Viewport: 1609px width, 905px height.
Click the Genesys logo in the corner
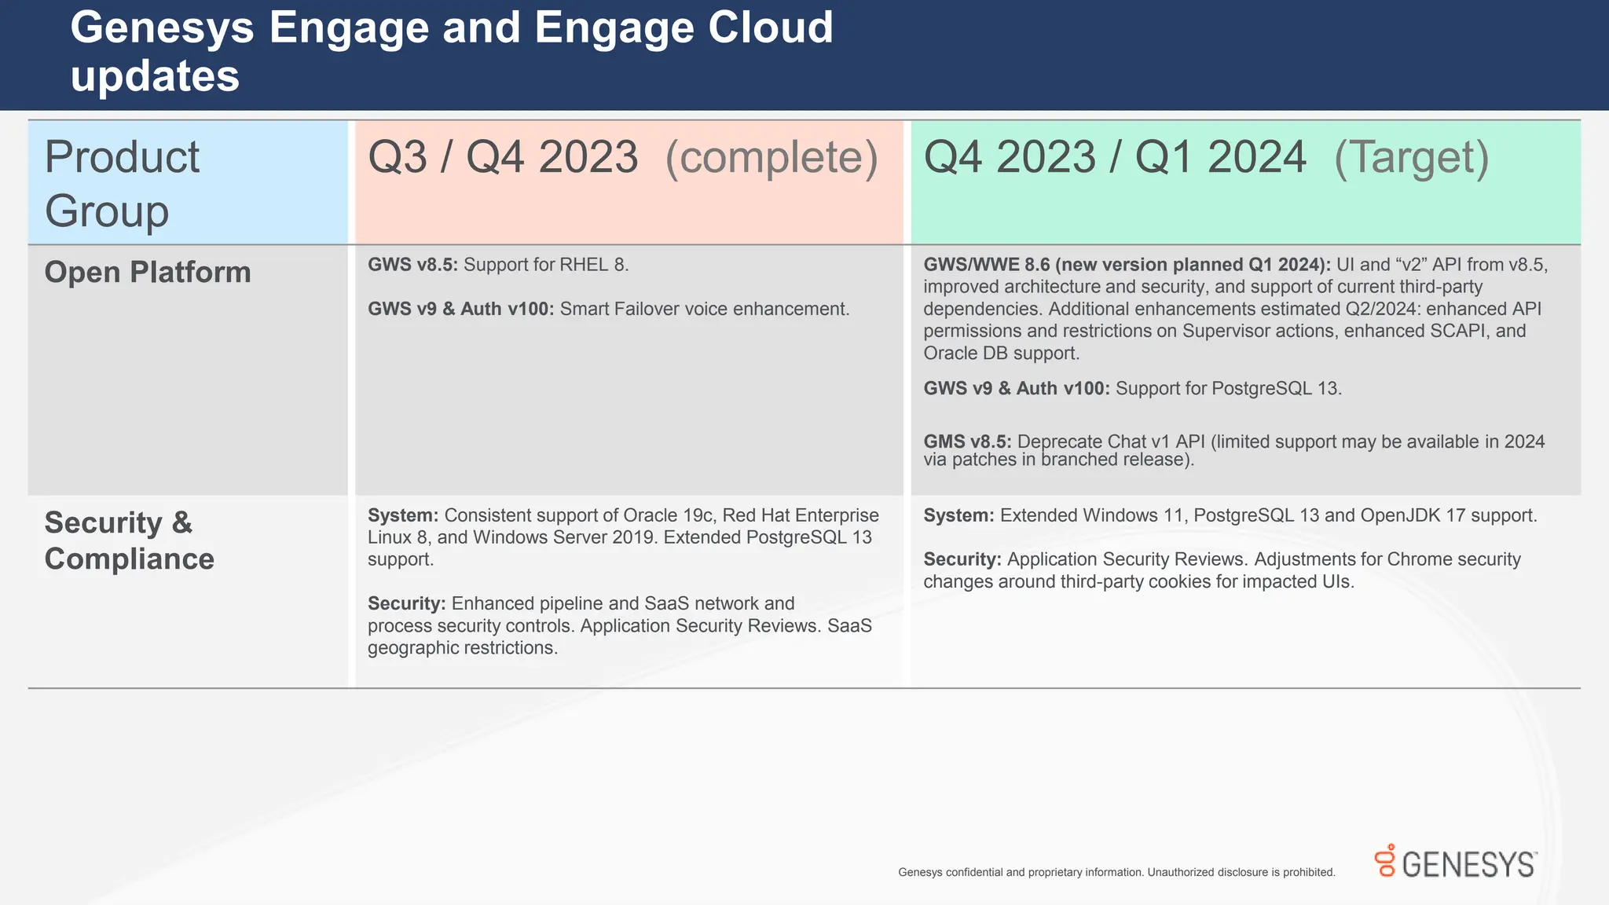[1455, 863]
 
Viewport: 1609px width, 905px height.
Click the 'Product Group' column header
[122, 184]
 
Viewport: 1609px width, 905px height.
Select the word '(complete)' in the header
[772, 157]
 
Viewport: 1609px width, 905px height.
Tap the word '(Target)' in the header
[1411, 157]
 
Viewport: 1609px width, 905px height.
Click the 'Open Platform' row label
[148, 273]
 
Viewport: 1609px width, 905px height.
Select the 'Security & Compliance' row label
[129, 540]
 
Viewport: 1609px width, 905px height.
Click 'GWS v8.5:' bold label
[412, 265]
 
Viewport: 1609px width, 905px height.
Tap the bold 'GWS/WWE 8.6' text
[986, 265]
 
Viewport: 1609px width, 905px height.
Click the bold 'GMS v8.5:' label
[967, 442]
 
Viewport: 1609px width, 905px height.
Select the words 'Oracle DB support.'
[1002, 354]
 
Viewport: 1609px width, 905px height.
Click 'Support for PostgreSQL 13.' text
[1228, 388]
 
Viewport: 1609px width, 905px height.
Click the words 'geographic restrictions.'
[463, 648]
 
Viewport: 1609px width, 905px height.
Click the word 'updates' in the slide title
[155, 77]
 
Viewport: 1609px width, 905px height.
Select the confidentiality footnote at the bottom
[1116, 872]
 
